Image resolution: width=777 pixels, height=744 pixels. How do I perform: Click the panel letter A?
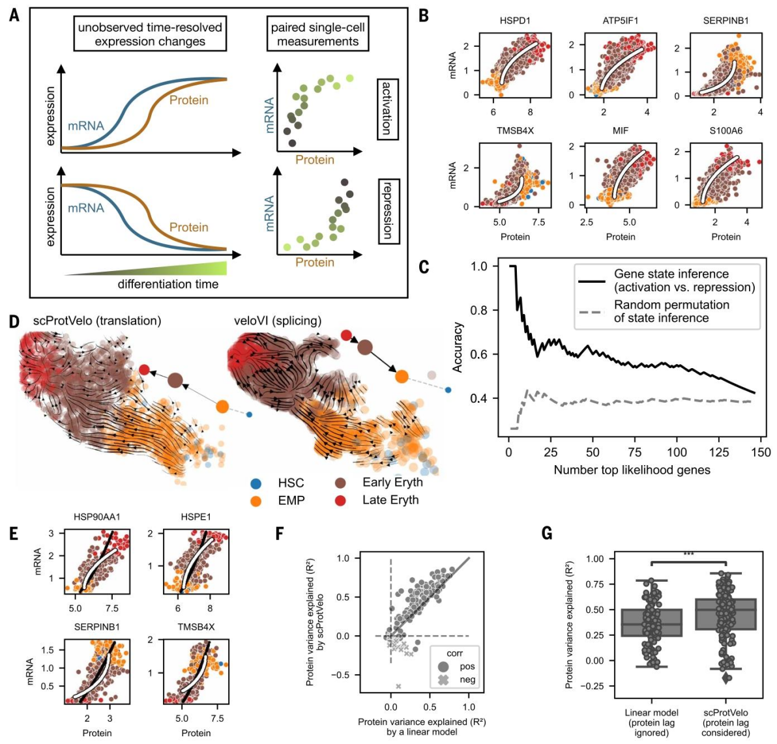click(x=14, y=14)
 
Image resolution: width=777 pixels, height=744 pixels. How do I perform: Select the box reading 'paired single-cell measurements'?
click(x=318, y=35)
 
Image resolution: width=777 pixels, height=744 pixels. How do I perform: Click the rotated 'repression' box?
click(x=388, y=211)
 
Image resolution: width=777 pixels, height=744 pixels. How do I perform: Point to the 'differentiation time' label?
click(x=168, y=285)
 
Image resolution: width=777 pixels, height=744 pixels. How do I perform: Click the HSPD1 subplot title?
click(x=515, y=20)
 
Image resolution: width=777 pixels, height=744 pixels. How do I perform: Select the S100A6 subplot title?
click(x=726, y=131)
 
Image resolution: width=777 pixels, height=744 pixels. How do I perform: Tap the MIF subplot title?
click(x=621, y=131)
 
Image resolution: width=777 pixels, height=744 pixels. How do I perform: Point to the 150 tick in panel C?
click(x=761, y=452)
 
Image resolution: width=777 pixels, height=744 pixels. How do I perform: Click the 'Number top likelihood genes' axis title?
click(x=632, y=470)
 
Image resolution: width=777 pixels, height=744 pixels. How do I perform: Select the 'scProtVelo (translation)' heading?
click(x=97, y=321)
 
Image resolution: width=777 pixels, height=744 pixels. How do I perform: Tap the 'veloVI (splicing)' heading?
click(x=278, y=321)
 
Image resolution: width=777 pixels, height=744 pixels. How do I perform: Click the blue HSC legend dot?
click(x=256, y=483)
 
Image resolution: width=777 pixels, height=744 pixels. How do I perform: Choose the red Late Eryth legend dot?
click(x=341, y=500)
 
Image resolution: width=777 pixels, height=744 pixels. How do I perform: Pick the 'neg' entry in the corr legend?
click(x=467, y=680)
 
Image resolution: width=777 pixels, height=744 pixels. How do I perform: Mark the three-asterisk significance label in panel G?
click(x=688, y=554)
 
